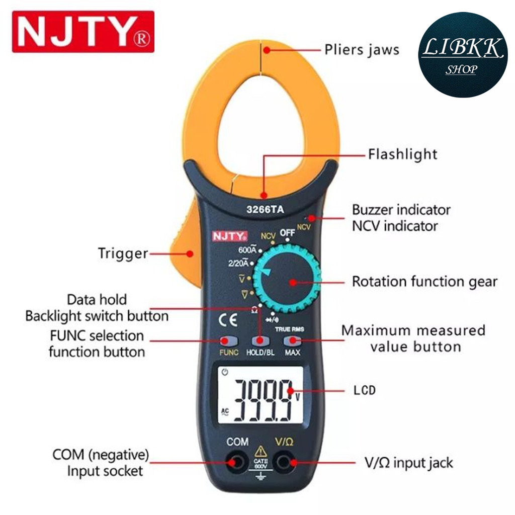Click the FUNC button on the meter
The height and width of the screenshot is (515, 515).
click(x=229, y=340)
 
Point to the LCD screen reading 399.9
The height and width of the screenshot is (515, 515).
click(x=261, y=395)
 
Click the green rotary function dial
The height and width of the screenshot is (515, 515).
click(x=287, y=278)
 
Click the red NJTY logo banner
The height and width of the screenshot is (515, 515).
click(x=83, y=32)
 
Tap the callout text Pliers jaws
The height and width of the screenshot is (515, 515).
click(x=361, y=50)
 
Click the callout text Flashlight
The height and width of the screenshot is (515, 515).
click(x=402, y=153)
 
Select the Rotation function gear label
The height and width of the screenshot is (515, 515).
click(x=424, y=281)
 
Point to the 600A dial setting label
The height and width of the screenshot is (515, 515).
click(x=247, y=249)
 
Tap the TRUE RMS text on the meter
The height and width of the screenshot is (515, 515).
click(x=289, y=328)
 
